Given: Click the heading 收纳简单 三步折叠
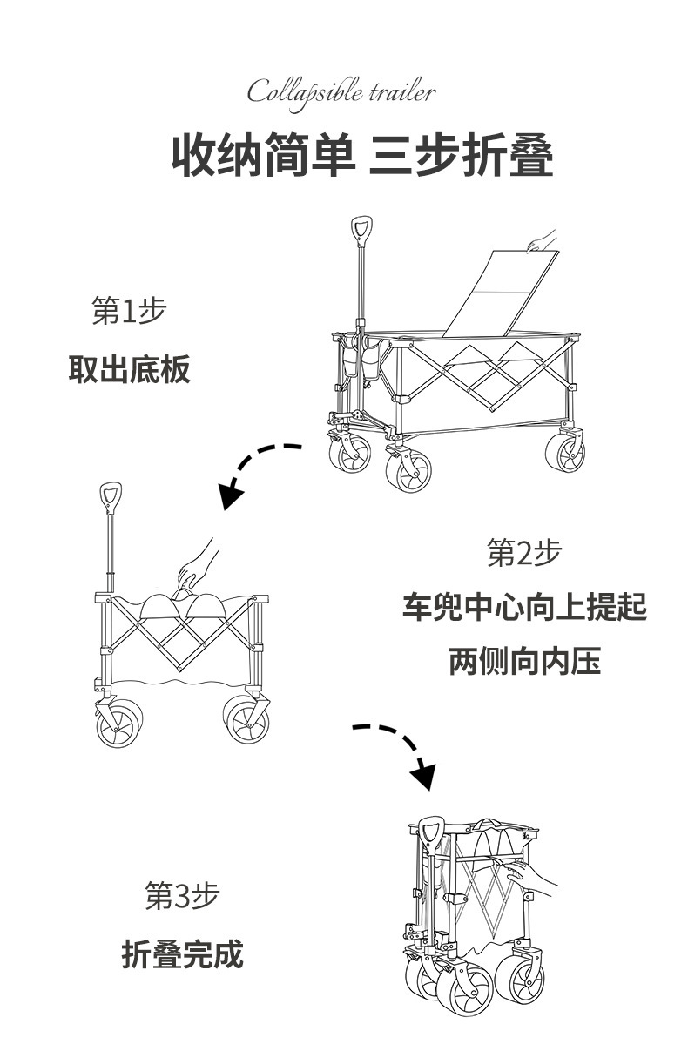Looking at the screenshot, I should click(x=361, y=155).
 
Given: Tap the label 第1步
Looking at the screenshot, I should click(x=129, y=311).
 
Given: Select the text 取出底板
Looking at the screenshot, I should click(x=129, y=370).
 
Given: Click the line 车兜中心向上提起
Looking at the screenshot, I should click(x=524, y=607).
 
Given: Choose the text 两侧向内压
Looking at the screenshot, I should click(x=524, y=661).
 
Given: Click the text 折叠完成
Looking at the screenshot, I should click(x=182, y=955).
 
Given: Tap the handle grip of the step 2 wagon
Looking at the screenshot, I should click(x=110, y=497).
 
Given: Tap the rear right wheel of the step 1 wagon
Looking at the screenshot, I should click(x=565, y=454).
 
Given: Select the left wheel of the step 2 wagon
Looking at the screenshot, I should click(x=118, y=723).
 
